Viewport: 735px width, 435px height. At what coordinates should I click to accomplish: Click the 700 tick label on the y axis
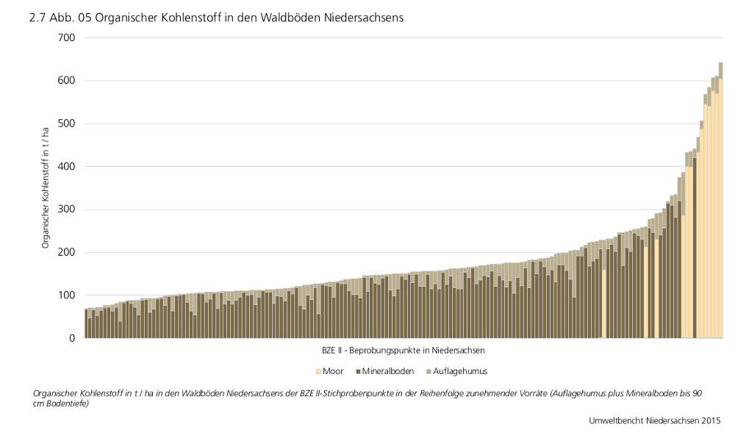65,37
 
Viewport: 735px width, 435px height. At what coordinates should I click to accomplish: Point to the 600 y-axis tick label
65,80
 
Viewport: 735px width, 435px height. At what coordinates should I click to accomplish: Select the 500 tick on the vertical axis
65,123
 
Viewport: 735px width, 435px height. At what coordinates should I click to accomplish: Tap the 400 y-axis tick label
65,166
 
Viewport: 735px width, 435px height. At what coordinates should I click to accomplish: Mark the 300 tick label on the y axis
65,209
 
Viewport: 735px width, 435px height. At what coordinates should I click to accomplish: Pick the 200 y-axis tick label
65,252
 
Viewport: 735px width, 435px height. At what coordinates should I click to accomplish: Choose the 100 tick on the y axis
65,295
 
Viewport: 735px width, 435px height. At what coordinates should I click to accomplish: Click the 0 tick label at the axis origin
72,338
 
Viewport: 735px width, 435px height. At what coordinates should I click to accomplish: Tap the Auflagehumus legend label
460,371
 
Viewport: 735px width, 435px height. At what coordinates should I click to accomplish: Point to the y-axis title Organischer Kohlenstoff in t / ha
46,187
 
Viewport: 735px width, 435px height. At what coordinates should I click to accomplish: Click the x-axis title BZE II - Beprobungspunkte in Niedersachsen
403,350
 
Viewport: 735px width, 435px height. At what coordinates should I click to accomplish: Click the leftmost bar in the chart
86,323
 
